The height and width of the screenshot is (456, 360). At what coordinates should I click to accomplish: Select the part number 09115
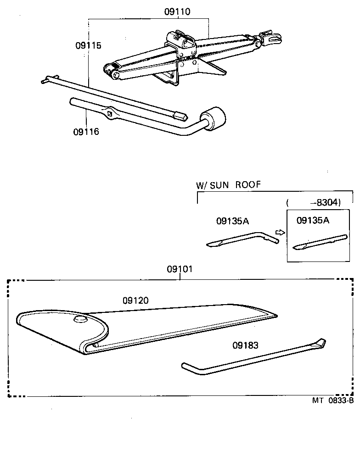89,46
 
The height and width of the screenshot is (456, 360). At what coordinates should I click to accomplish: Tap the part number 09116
86,132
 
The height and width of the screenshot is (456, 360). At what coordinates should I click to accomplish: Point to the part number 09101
180,270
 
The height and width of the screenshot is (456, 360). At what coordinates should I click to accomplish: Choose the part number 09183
246,345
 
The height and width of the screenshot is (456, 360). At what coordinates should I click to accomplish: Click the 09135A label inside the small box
313,220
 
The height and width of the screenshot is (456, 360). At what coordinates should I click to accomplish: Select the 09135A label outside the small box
232,221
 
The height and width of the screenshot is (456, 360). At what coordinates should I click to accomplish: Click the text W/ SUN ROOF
228,185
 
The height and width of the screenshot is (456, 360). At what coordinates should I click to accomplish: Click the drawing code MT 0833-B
333,400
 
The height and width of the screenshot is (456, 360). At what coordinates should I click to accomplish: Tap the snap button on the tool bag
80,320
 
